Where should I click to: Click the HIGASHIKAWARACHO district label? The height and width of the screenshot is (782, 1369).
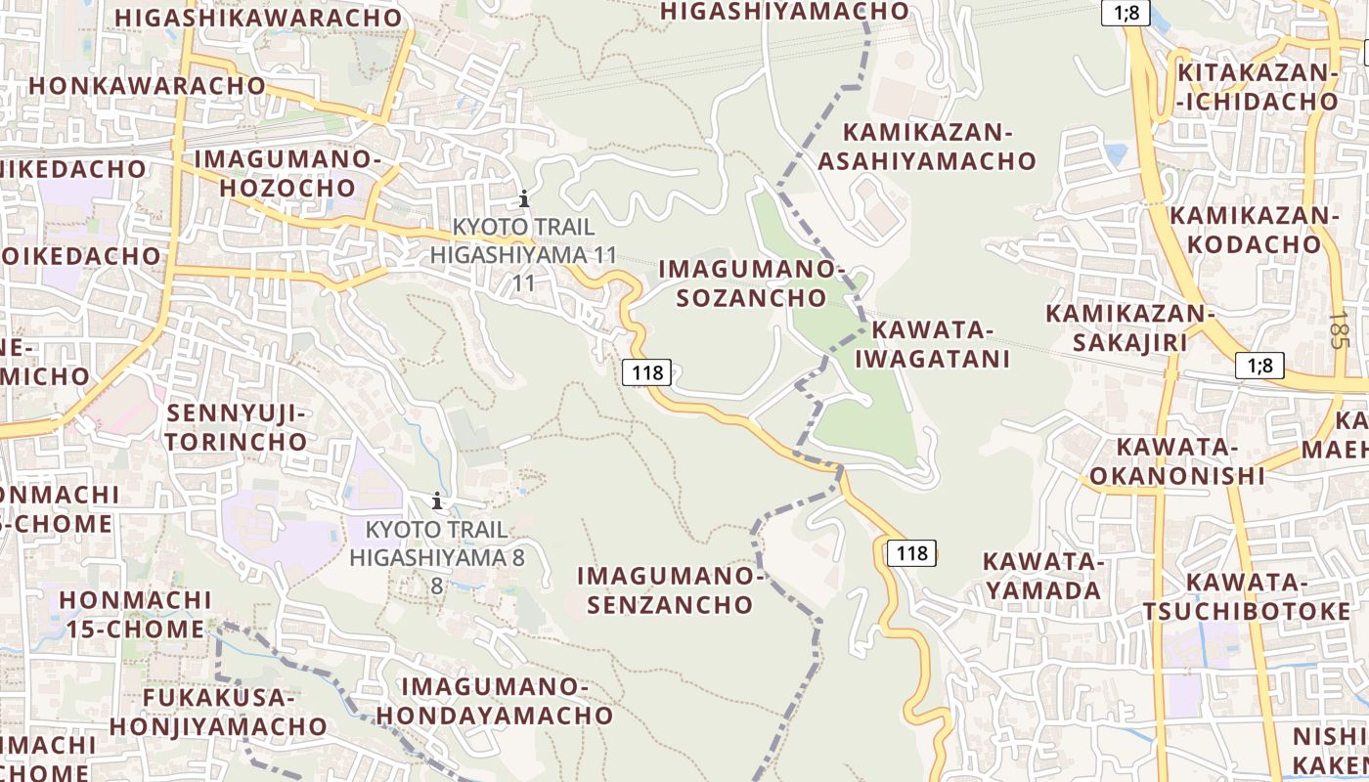(258, 18)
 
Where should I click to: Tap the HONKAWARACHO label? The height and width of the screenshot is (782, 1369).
(147, 85)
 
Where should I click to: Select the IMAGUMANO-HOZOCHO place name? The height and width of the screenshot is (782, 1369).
(287, 173)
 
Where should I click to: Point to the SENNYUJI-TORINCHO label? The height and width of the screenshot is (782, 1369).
(236, 427)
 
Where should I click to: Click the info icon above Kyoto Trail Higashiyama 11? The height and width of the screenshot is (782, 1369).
(524, 199)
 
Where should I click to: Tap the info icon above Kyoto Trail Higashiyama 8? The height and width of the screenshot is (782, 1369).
(437, 502)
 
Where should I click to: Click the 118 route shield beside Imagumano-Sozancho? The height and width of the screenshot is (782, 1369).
(646, 371)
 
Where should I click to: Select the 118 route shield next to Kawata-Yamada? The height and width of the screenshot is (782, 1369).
(911, 553)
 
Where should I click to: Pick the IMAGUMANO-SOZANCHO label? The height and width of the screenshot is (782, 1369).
(751, 282)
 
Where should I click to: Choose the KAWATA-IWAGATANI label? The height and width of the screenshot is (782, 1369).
(932, 344)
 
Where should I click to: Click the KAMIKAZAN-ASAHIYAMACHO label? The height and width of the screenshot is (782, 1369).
(926, 146)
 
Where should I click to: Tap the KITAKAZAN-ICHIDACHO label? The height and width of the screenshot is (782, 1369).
(1257, 87)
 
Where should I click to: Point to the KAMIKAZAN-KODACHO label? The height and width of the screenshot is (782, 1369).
(1255, 229)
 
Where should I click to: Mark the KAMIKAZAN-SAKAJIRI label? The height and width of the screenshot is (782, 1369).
(1129, 327)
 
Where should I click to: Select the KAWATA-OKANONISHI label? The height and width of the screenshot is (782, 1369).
(1177, 461)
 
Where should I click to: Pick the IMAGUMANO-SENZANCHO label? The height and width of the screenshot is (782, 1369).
(672, 589)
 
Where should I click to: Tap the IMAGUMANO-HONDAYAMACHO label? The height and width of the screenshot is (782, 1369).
(495, 701)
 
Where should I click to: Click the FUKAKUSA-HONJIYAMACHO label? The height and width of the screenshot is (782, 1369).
(218, 712)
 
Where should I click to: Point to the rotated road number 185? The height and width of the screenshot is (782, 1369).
(1339, 329)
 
